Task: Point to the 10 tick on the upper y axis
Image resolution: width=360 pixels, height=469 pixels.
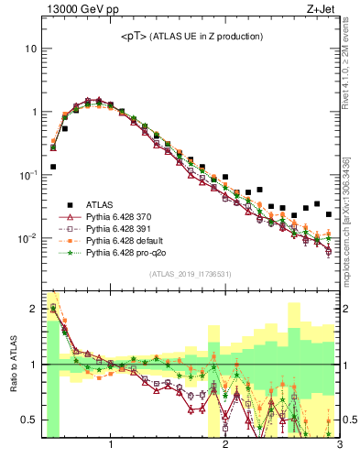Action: (31, 48)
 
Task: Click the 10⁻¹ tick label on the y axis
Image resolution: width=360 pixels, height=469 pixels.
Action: (29, 175)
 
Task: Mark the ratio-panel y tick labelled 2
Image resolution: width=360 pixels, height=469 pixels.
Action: (33, 309)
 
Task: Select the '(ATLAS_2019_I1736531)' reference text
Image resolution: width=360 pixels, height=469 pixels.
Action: (190, 274)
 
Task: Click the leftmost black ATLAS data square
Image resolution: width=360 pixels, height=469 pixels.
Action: (53, 167)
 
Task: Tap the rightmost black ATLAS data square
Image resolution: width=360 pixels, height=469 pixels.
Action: (328, 214)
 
